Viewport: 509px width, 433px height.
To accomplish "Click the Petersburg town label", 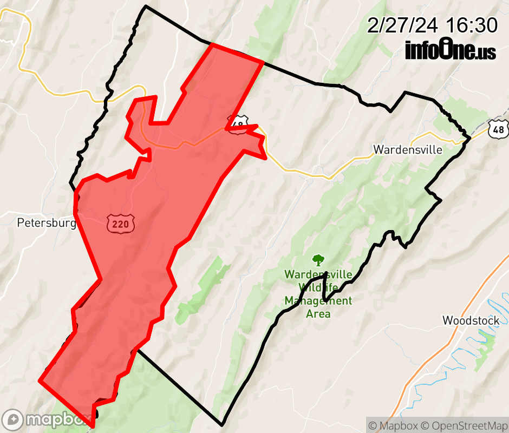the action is [46, 222].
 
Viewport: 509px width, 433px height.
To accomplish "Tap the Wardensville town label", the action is [408, 149].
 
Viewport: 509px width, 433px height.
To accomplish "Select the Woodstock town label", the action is [471, 320].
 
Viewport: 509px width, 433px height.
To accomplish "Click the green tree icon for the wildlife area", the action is [318, 261].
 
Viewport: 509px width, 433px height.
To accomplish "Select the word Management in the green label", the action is [318, 300].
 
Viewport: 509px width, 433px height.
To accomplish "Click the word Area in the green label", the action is [318, 313].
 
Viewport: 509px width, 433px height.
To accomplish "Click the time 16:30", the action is [472, 25].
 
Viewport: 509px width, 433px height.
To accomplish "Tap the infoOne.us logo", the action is [450, 50].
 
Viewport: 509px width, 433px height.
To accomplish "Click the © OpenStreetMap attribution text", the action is [464, 425].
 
